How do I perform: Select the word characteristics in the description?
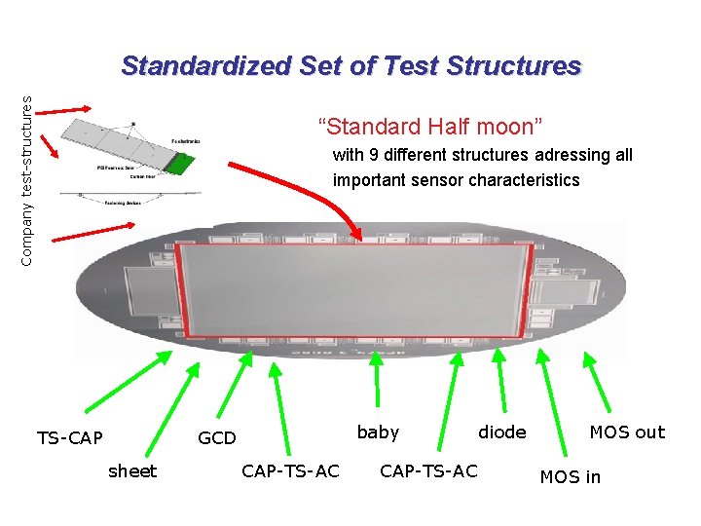[x=526, y=180]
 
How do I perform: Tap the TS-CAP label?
[x=69, y=438]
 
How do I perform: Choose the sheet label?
[x=132, y=471]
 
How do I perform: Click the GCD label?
[x=216, y=438]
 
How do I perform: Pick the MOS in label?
[x=571, y=476]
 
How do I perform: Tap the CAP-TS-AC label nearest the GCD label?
[x=290, y=471]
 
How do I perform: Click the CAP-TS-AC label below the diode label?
[x=428, y=471]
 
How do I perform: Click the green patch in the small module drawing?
[x=177, y=163]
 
